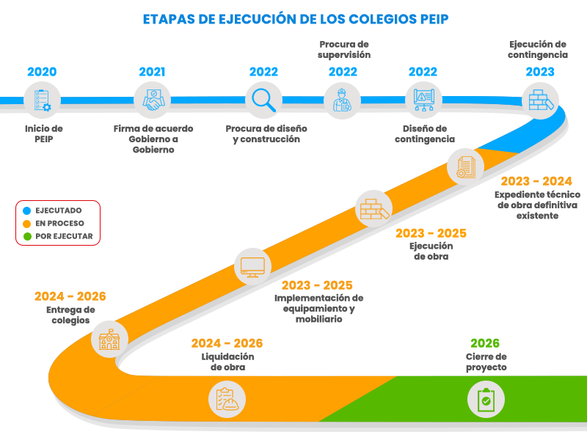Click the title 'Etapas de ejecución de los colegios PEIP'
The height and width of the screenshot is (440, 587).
pos(295,19)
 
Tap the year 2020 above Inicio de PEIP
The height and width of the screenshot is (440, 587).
pos(42,72)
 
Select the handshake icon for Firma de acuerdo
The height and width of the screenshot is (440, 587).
pos(152,100)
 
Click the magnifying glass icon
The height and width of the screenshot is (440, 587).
pos(263,100)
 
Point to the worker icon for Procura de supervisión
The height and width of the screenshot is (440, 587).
pos(342,100)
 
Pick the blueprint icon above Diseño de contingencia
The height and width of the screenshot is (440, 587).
pos(423,100)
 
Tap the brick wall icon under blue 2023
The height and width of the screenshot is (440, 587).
pos(540,100)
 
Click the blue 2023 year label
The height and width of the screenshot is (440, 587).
pos(540,72)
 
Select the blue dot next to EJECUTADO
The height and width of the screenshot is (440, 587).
pos(27,210)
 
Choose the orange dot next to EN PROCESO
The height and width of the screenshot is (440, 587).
pos(27,223)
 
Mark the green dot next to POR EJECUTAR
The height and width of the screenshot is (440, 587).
pos(27,236)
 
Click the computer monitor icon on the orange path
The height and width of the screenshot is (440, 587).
pos(252,265)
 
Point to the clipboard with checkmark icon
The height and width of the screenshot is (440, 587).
pos(485,400)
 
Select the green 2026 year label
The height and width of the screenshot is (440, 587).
pos(485,343)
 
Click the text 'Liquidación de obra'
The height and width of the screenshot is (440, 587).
pos(227,362)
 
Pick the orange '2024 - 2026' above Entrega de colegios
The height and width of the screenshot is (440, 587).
pos(70,297)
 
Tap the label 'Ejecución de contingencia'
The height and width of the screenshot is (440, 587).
pos(538,49)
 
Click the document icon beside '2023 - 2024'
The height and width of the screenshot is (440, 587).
pos(465,168)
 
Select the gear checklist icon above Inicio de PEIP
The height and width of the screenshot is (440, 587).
pos(42,100)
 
